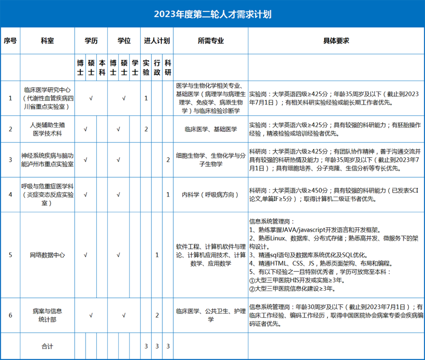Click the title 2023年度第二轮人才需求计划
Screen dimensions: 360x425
click(x=213, y=15)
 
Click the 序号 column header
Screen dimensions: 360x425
click(x=10, y=41)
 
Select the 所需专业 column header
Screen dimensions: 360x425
click(x=211, y=41)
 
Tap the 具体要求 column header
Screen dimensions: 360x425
click(x=336, y=41)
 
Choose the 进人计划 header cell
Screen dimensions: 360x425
click(x=157, y=41)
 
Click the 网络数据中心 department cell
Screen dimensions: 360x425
click(x=47, y=255)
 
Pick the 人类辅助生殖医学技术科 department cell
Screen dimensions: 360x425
click(x=47, y=129)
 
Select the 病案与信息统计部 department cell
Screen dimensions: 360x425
click(x=47, y=315)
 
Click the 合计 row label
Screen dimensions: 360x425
click(x=47, y=346)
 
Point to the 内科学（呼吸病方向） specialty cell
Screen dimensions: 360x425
click(x=211, y=195)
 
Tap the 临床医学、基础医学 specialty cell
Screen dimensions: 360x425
click(x=211, y=129)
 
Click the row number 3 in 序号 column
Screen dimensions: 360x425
click(x=10, y=160)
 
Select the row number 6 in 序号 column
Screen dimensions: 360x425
click(x=10, y=315)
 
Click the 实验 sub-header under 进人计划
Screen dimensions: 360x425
click(x=146, y=67)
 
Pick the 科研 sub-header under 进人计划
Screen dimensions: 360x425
click(x=168, y=67)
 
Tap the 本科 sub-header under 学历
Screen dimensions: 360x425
click(x=102, y=67)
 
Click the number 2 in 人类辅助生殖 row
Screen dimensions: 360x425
click(x=146, y=129)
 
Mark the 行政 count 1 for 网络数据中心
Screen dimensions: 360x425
click(x=157, y=255)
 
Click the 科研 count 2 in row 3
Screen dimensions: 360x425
click(x=168, y=160)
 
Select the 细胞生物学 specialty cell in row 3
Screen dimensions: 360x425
click(x=211, y=160)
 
